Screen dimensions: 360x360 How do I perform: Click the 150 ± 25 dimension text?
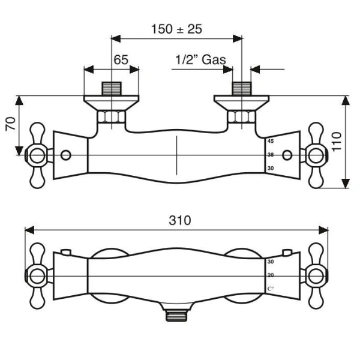176,28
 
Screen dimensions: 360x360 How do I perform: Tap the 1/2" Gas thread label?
200,59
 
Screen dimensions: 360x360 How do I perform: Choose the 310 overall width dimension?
179,220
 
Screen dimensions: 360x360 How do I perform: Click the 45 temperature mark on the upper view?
270,142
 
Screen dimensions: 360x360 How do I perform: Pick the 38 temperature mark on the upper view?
270,155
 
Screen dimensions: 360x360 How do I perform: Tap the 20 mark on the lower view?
270,275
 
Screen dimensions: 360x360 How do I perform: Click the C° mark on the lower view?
270,289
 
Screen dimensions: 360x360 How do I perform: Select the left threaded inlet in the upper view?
112,88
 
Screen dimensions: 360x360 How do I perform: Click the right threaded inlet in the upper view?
241,88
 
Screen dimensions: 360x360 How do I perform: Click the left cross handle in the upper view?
37,155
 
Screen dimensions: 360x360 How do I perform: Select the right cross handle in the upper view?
315,155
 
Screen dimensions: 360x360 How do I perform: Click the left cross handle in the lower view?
37,275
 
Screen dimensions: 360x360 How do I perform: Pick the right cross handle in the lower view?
315,275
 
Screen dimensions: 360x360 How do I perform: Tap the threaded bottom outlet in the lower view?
177,314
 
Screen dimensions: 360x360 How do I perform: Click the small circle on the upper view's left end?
65,155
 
